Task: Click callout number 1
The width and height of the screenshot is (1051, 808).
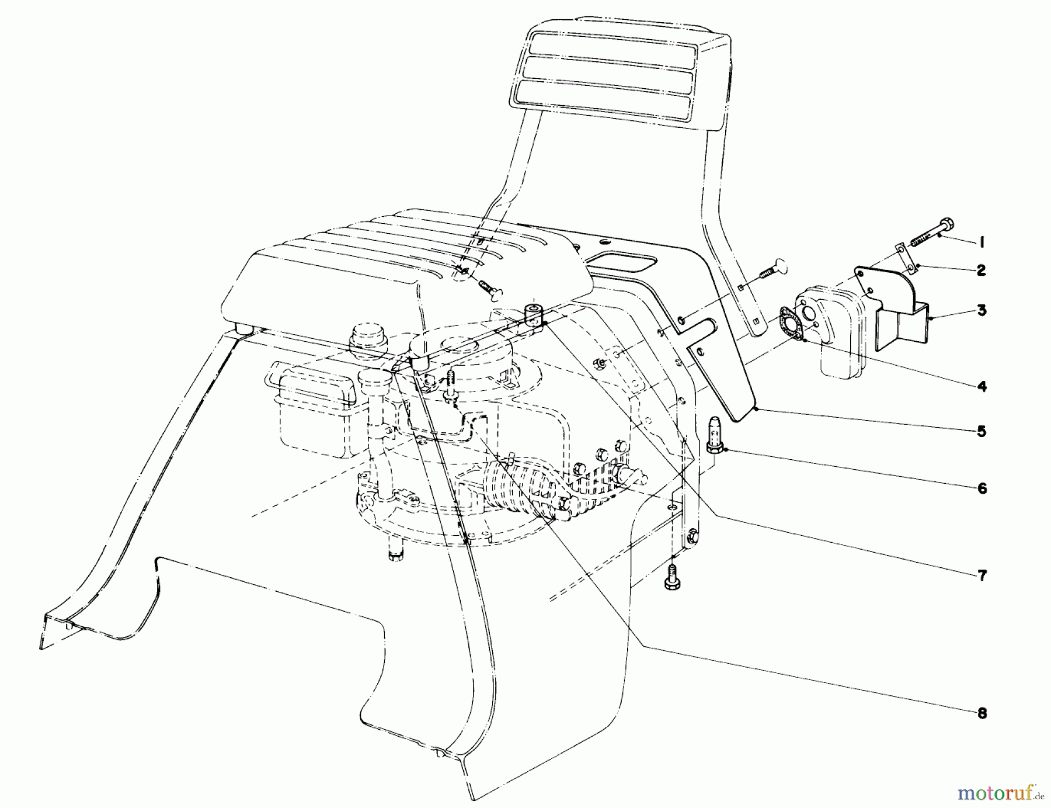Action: point(982,241)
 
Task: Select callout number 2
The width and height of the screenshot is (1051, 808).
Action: point(982,271)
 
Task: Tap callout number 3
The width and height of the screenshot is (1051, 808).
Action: point(982,310)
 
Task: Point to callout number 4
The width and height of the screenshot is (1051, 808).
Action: point(982,386)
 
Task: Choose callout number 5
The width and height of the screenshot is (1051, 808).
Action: point(982,431)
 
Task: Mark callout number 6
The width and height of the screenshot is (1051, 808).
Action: point(982,488)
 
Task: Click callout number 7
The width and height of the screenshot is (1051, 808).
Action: point(982,575)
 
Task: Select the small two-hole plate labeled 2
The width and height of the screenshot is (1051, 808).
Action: point(903,259)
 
